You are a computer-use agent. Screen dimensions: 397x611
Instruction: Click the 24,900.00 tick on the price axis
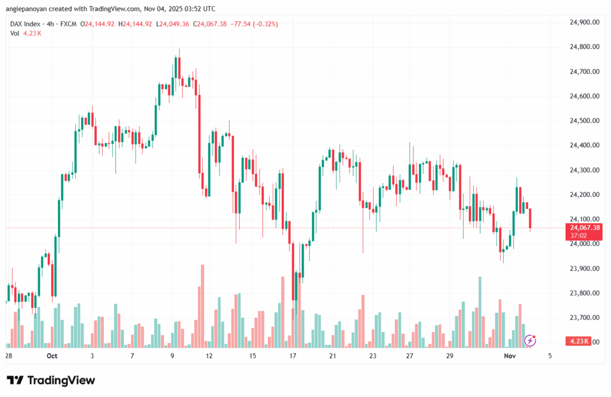tap(584, 22)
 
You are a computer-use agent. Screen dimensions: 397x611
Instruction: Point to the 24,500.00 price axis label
tap(584, 121)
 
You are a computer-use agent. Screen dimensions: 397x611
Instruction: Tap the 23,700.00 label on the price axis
tap(584, 318)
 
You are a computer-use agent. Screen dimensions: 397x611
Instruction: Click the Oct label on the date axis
tap(51, 356)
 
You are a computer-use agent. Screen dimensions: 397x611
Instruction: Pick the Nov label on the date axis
tap(510, 356)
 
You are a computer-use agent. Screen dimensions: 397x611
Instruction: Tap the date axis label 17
tap(293, 356)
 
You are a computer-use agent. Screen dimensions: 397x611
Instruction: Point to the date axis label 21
tap(332, 356)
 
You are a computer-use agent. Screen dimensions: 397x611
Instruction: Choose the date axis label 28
tap(8, 356)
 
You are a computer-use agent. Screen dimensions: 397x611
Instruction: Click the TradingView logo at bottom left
tap(51, 380)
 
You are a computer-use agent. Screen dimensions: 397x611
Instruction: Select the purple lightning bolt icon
tap(529, 340)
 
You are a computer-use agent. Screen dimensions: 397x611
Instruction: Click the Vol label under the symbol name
tap(15, 33)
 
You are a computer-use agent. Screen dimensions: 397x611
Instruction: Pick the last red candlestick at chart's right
tap(530, 218)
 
